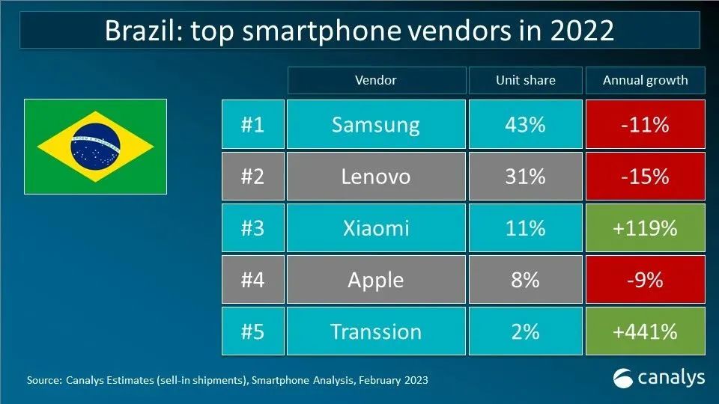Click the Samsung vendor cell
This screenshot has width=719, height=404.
[x=375, y=124]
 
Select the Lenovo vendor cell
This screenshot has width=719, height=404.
[x=375, y=177]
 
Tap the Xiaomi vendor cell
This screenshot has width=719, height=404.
[x=375, y=227]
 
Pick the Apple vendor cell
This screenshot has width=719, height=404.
[x=375, y=280]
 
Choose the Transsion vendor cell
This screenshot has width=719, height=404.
[x=375, y=331]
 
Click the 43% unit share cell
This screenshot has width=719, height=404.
[x=524, y=124]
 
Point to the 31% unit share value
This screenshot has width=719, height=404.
[x=524, y=177]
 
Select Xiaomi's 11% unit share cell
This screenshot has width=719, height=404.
[x=524, y=227]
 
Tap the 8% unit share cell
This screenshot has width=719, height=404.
[x=524, y=280]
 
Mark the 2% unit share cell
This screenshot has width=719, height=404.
[x=524, y=331]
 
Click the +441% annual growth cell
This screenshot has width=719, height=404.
[x=645, y=331]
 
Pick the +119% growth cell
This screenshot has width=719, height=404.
[x=645, y=227]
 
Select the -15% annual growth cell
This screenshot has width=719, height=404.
[x=645, y=177]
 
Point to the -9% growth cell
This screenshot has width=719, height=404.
[x=645, y=280]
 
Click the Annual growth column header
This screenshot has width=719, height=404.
[x=645, y=80]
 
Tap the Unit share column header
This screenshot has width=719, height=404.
[x=524, y=80]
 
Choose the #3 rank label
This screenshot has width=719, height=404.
[x=252, y=227]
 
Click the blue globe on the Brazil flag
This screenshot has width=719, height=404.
[x=95, y=146]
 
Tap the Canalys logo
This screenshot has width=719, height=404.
[x=658, y=378]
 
